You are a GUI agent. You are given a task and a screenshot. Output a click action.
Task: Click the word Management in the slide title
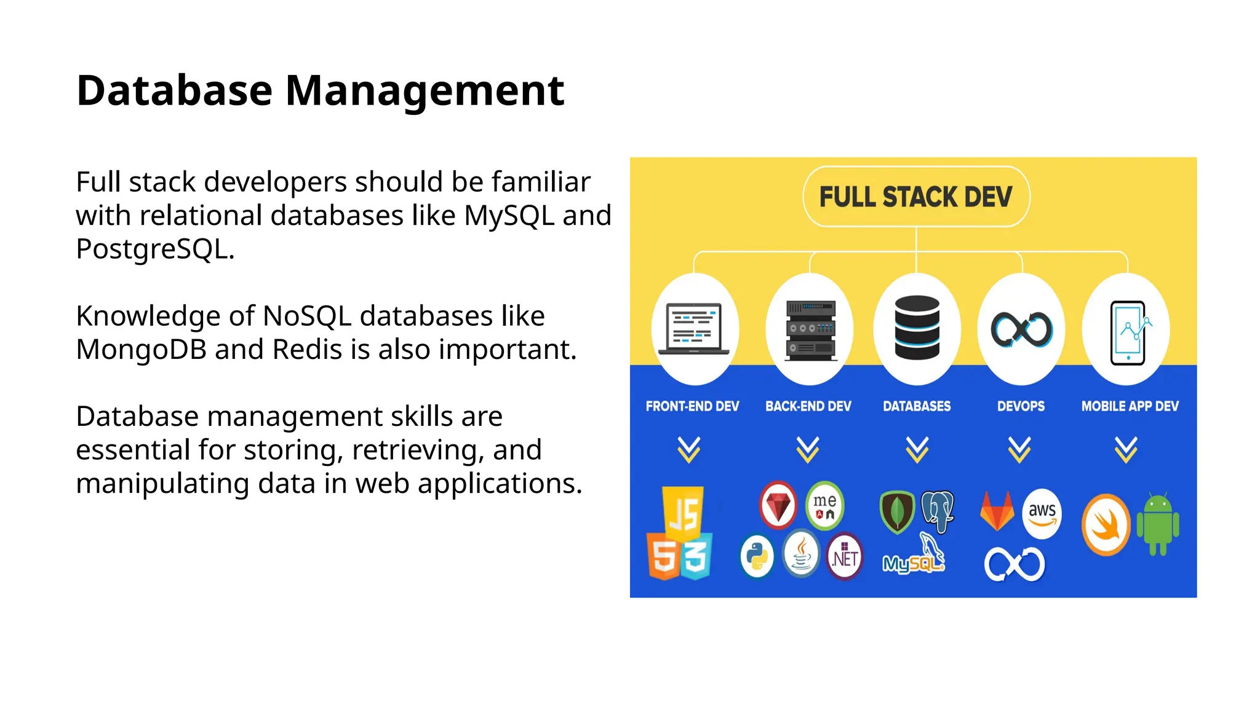click(x=425, y=91)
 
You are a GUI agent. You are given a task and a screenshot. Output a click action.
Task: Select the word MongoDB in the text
click(x=141, y=350)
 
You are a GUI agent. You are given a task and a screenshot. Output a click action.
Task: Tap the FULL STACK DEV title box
click(x=915, y=197)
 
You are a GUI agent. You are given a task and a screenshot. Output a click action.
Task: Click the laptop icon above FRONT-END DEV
click(x=694, y=328)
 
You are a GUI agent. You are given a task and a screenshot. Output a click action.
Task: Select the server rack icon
click(x=811, y=329)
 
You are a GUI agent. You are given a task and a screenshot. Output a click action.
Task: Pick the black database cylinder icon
click(x=917, y=327)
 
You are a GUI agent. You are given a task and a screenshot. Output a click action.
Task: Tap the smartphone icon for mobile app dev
click(x=1128, y=332)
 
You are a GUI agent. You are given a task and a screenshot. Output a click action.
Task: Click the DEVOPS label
click(x=1021, y=406)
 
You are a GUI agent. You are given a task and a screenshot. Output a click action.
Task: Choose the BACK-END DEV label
click(x=808, y=406)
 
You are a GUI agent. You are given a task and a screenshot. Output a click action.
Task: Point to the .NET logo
click(x=845, y=557)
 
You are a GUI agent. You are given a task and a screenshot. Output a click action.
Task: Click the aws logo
click(x=1042, y=513)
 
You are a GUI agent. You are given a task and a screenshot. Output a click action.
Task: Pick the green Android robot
click(x=1158, y=524)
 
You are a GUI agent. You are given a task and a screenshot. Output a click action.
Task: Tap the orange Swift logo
click(x=1106, y=524)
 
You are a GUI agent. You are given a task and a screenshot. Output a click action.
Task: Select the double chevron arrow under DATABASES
click(x=917, y=449)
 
